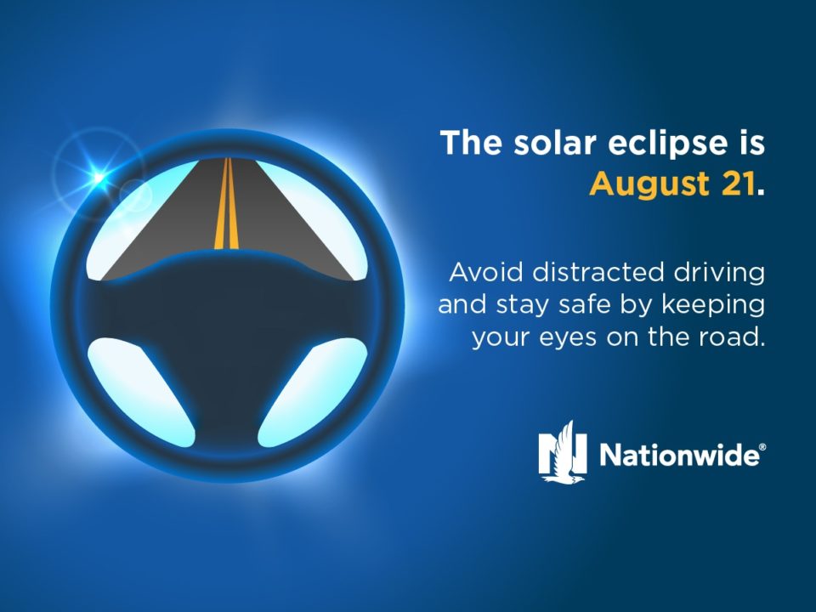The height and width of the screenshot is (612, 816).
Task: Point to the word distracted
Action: coord(598,272)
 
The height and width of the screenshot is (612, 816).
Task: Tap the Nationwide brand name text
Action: coord(679,454)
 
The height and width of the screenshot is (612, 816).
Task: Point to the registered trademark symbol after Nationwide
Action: coord(762,447)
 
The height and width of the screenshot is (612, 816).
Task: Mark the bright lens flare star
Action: coord(99,178)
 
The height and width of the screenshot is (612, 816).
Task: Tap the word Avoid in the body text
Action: coord(485,272)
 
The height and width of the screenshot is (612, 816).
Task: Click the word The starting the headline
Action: coord(470,143)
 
